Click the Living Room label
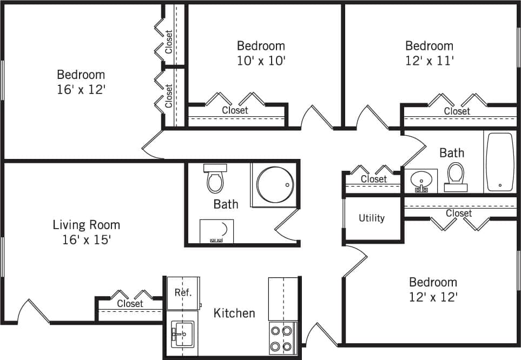(86, 224)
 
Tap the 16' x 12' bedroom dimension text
(81, 89)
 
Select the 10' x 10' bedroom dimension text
(261, 61)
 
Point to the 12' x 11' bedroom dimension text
(429, 61)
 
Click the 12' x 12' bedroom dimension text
(433, 297)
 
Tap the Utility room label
(372, 218)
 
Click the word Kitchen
(234, 313)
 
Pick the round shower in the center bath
(275, 184)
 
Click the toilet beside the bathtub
(456, 176)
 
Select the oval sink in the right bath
(420, 179)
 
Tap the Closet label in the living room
(130, 304)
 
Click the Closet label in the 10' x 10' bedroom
(235, 110)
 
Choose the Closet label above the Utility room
(374, 179)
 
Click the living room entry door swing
(34, 311)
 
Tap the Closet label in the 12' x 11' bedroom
(457, 111)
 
